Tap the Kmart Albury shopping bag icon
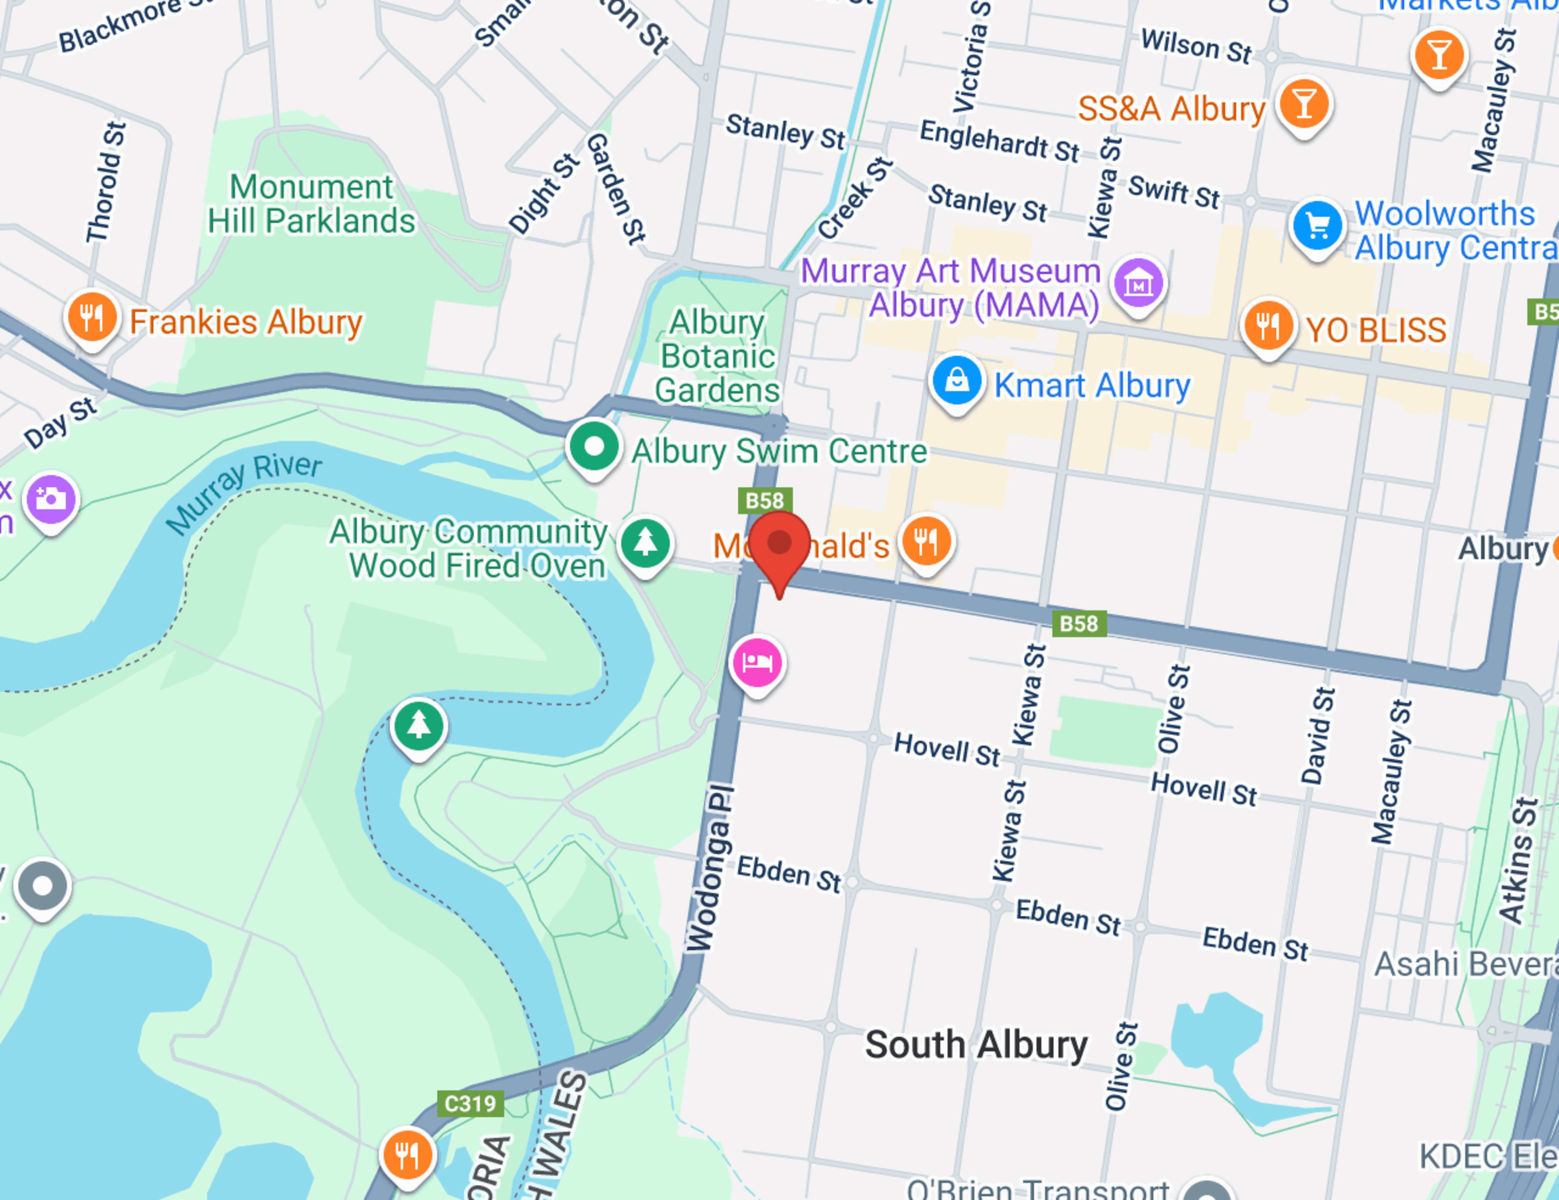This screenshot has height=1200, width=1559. click(957, 381)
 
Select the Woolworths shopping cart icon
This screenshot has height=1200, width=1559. click(1317, 225)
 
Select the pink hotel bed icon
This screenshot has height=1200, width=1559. click(757, 662)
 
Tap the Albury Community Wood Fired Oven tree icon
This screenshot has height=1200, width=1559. click(645, 543)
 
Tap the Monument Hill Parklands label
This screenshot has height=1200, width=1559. click(311, 204)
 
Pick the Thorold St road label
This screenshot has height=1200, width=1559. click(106, 182)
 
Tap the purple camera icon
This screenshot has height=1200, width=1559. click(51, 498)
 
